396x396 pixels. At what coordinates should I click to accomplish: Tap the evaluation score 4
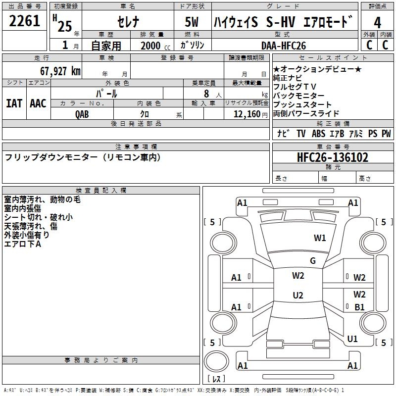click(378, 22)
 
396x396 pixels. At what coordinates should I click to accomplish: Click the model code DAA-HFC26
click(284, 45)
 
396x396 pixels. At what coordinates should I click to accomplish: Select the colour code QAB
click(82, 113)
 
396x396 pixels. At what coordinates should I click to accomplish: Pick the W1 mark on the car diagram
click(320, 238)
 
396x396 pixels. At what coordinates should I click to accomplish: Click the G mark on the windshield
click(313, 261)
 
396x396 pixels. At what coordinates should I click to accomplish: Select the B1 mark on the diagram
click(359, 307)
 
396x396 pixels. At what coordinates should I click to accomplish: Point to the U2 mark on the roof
click(298, 296)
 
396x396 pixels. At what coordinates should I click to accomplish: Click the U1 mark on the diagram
click(352, 339)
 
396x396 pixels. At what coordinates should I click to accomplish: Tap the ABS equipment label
click(318, 134)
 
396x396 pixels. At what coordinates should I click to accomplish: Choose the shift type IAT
click(14, 103)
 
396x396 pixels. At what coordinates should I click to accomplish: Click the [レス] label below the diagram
click(216, 380)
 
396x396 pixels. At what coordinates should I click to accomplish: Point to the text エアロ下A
click(23, 244)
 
